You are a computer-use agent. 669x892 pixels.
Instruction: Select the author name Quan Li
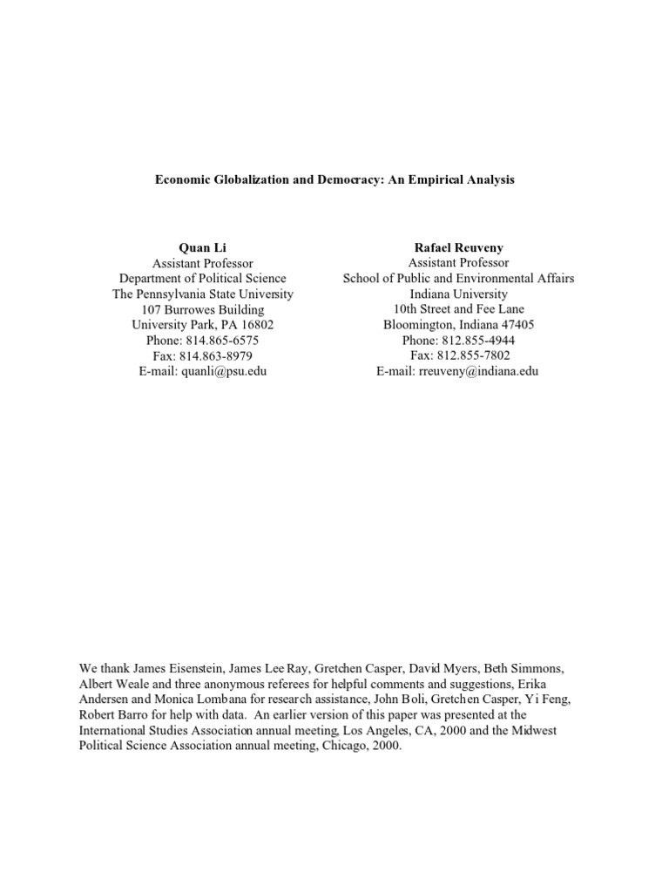pyautogui.click(x=203, y=248)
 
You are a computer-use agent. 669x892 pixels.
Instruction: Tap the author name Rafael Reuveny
pyautogui.click(x=458, y=248)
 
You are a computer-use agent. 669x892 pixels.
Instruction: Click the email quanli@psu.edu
pyautogui.click(x=224, y=370)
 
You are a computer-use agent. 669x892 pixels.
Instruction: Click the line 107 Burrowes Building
pyautogui.click(x=203, y=309)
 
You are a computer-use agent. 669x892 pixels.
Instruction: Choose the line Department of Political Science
pyautogui.click(x=203, y=279)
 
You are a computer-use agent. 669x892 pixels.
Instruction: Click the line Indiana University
pyautogui.click(x=458, y=294)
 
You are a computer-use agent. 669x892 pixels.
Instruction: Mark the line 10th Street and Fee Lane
pyautogui.click(x=458, y=309)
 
